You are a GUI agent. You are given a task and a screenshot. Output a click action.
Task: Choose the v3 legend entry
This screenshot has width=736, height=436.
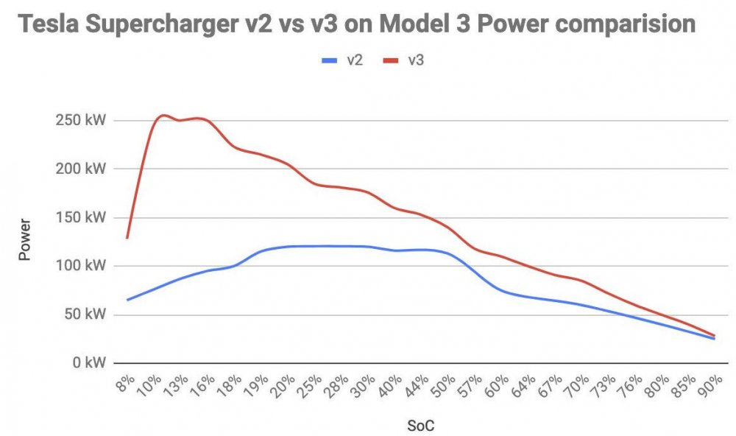(x=404, y=60)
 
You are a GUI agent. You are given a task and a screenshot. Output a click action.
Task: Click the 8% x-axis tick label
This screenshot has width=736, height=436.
(x=126, y=384)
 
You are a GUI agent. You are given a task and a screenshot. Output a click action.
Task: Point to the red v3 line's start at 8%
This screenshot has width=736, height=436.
(x=127, y=238)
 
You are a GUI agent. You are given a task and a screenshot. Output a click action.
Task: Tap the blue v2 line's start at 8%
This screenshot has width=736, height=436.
(x=127, y=300)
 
